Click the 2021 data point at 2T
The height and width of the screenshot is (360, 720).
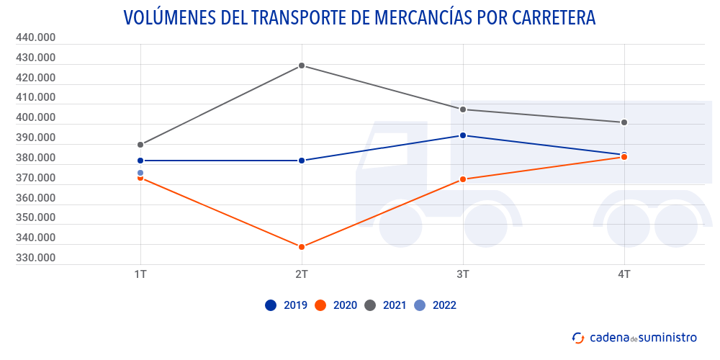302,66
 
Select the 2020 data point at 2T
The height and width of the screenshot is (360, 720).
302,247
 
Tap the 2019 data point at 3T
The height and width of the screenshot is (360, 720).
463,135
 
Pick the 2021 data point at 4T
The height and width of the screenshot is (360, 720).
624,122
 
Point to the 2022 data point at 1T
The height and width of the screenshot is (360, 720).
140,173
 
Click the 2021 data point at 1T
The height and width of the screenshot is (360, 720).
140,145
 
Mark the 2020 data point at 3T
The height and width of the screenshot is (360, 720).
463,179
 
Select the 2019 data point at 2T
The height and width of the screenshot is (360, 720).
302,161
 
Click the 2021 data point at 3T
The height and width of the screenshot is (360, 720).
463,109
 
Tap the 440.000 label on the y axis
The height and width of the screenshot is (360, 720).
35,37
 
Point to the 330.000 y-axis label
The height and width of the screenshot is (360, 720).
35,258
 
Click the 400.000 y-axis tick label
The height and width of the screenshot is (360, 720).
35,117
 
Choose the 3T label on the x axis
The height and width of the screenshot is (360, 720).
463,274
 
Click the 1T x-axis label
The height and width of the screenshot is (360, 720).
140,274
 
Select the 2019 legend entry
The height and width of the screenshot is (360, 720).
287,305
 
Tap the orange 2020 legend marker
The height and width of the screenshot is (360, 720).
321,305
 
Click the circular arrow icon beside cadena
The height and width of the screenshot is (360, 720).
578,337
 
